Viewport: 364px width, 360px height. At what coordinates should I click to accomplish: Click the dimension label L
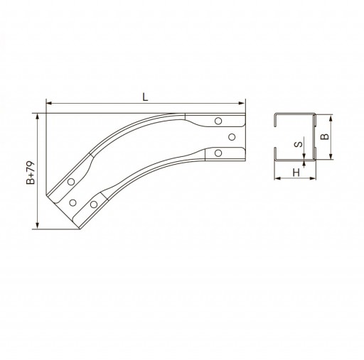coord(145,97)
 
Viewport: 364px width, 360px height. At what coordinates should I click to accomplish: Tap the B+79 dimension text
coord(31,173)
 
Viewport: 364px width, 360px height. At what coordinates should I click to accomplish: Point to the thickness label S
coord(299,144)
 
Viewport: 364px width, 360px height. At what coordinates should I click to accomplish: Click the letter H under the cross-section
coord(296,173)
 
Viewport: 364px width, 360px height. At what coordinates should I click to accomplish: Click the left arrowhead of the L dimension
coord(49,103)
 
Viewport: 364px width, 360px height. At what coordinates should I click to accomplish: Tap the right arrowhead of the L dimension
coord(242,103)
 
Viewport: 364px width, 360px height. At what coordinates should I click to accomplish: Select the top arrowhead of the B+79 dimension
coord(37,116)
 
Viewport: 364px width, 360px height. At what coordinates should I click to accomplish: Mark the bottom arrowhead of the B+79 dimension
coord(37,226)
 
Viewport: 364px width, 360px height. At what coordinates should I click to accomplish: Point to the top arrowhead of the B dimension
coord(331,118)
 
